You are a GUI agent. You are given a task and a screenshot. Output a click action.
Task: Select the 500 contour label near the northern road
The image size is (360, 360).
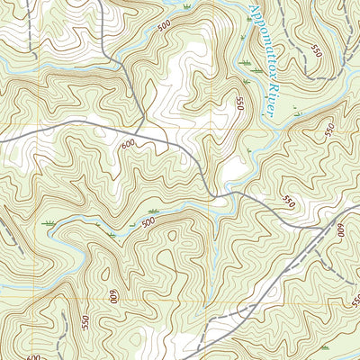pos(163,26)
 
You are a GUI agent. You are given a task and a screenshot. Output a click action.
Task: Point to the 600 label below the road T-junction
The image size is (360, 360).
pos(127,143)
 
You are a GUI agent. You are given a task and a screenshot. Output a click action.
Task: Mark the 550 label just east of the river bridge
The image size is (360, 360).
pos(288,200)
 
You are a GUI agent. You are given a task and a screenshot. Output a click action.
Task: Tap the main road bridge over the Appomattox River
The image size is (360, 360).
pos(236,193)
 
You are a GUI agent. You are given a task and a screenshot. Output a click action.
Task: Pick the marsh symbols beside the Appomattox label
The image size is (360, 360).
pos(243,62)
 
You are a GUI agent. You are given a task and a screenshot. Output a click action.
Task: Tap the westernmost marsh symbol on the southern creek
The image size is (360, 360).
pos(49,221)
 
